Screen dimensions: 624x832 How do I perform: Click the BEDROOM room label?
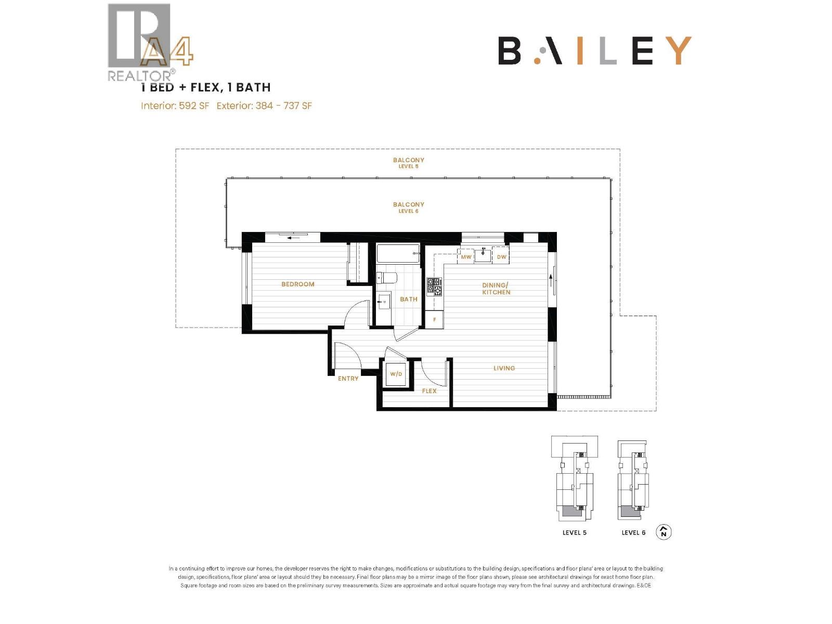(297, 284)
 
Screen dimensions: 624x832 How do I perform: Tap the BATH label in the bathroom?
(408, 299)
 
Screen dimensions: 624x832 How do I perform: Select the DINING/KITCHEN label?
(496, 289)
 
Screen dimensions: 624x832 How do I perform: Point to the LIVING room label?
(504, 368)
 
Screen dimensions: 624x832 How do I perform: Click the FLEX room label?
(429, 391)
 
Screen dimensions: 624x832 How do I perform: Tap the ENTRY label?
(348, 379)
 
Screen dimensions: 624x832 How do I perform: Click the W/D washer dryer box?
(396, 374)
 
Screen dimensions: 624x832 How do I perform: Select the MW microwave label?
(466, 257)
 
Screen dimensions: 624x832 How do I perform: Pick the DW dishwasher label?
(501, 257)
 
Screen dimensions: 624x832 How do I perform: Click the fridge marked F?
(435, 319)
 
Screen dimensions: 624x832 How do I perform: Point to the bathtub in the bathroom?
(398, 254)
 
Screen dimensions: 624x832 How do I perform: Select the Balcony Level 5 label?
(408, 163)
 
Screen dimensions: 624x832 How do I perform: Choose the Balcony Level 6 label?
(408, 207)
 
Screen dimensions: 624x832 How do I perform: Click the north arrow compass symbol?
(664, 532)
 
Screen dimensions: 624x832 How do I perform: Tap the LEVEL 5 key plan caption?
(574, 532)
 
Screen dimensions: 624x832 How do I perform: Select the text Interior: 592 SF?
(175, 106)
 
